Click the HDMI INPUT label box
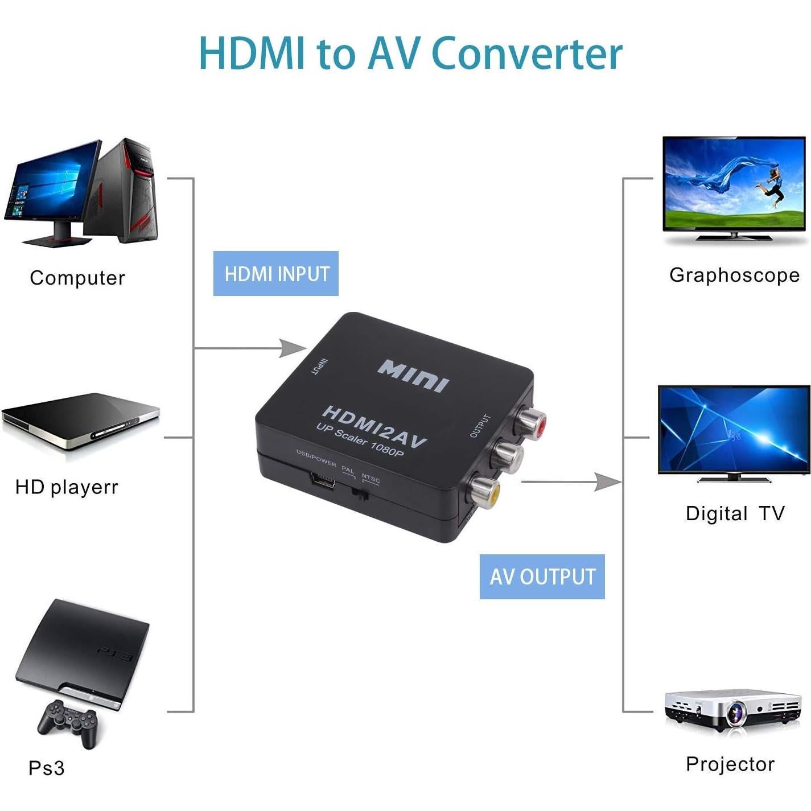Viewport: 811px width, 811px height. click(276, 274)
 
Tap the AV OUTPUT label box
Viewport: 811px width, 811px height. click(542, 577)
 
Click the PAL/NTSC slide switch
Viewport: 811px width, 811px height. click(360, 494)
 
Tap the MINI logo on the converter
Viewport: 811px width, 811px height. click(413, 375)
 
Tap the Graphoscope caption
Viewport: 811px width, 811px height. click(734, 275)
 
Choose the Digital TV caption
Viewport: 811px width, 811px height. click(735, 513)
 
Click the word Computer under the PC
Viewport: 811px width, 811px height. click(77, 278)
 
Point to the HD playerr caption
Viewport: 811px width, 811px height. click(67, 487)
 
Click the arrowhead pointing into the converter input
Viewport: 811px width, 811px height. click(293, 348)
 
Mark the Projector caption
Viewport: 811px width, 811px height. click(730, 764)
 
